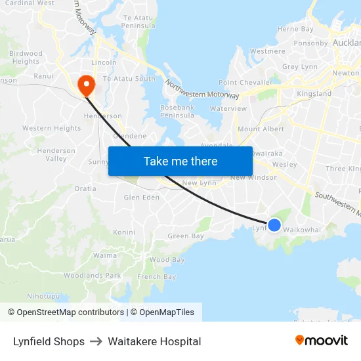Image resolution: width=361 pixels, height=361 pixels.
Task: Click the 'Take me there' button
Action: [180, 161]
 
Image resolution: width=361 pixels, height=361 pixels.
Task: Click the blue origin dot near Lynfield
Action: [274, 225]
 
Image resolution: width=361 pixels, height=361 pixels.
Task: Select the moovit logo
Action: [322, 341]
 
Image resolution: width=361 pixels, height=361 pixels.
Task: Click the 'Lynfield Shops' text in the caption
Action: [49, 341]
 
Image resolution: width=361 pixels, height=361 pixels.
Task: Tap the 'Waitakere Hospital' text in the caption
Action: [154, 341]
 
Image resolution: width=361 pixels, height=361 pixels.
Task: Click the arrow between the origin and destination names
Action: [96, 341]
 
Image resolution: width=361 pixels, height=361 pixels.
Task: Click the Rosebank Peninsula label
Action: [177, 112]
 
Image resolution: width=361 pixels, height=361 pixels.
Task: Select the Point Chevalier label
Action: [245, 83]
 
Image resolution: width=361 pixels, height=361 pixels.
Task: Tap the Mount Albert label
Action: [261, 129]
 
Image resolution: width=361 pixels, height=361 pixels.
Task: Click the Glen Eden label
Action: [142, 197]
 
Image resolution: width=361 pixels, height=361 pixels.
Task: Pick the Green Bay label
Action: [186, 236]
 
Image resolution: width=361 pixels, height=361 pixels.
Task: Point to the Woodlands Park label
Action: [93, 276]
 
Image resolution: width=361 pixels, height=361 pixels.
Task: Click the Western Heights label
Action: [52, 129]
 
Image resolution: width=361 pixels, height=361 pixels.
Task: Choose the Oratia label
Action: [85, 189]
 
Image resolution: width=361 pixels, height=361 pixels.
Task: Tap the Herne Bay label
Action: [295, 29]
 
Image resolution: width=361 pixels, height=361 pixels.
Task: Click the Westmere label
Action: [268, 51]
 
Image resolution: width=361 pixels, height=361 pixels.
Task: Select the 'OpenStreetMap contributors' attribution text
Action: [70, 312]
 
